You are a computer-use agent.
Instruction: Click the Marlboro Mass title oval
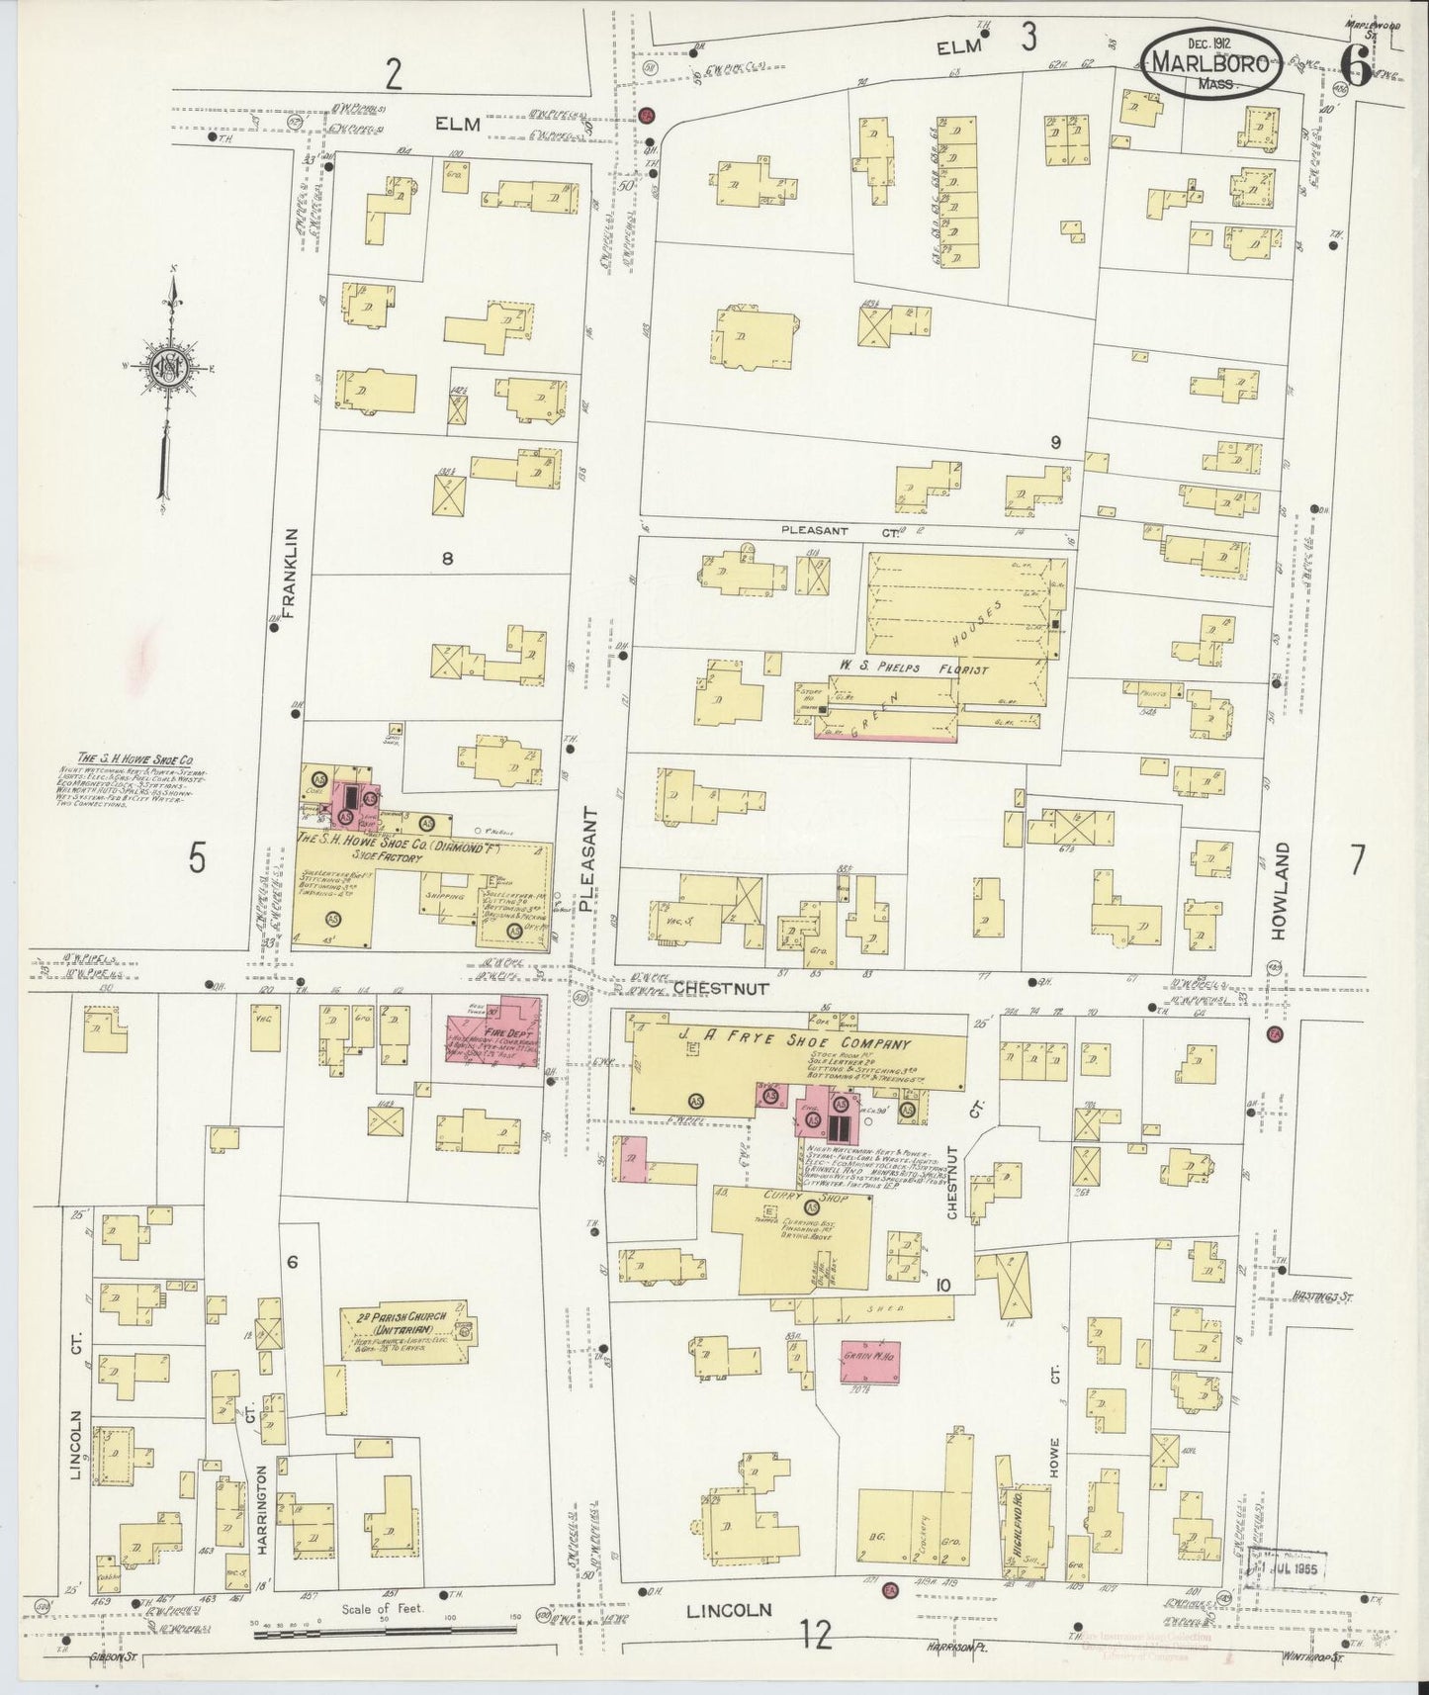[x=1215, y=66]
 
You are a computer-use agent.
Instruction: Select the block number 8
[x=447, y=559]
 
